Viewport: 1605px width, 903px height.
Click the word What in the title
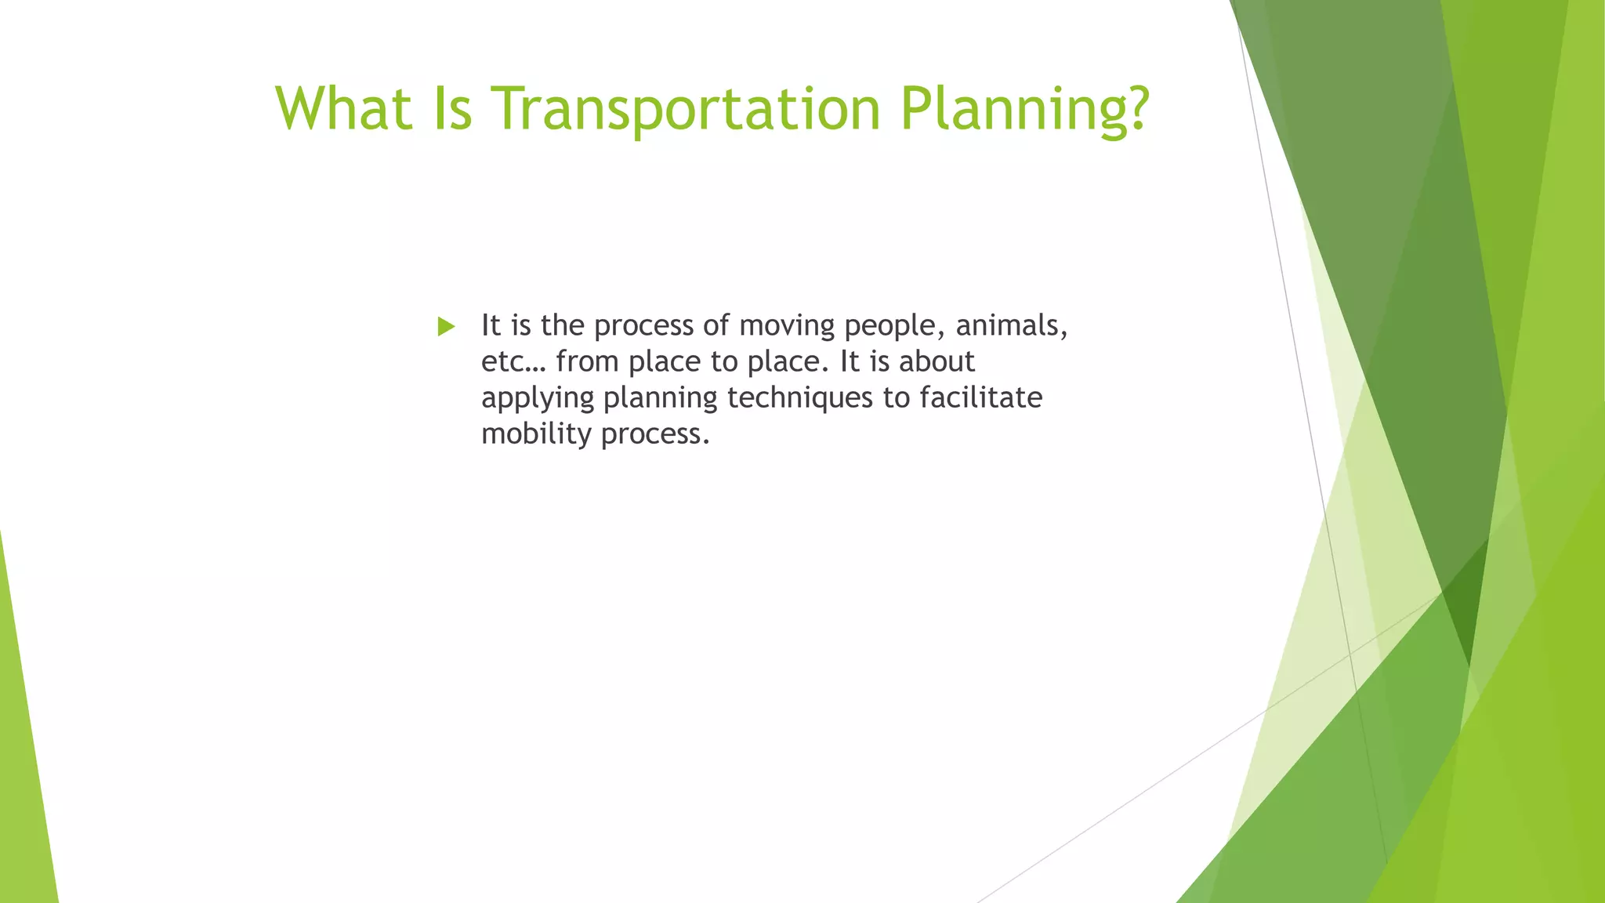click(343, 108)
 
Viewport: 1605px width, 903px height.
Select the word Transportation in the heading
click(686, 108)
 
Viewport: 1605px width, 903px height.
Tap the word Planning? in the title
click(1024, 110)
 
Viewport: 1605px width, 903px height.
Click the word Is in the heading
click(452, 108)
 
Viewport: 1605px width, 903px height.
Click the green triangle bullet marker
click(446, 327)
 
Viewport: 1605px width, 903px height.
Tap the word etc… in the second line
click(513, 362)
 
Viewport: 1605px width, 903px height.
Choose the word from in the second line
click(587, 362)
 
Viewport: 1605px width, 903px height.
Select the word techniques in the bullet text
click(799, 398)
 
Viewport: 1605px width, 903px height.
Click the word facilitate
click(980, 397)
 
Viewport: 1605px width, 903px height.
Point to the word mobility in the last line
click(536, 434)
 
